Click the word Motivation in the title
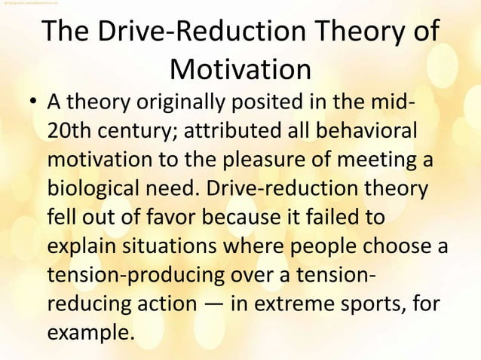[x=240, y=70]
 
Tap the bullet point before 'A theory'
[x=32, y=102]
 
